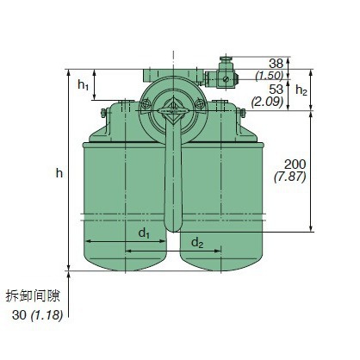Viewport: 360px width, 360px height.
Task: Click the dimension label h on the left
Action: (x=59, y=173)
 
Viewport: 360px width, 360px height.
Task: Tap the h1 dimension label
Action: (x=83, y=84)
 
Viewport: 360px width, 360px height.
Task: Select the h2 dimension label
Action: (x=301, y=90)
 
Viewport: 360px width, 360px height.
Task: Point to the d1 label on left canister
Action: (x=145, y=233)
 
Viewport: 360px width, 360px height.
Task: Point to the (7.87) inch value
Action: (x=294, y=177)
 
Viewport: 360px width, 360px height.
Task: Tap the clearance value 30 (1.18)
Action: (x=40, y=315)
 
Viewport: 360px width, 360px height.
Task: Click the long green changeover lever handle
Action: (x=175, y=177)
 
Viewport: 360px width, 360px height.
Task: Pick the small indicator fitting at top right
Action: (x=227, y=75)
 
